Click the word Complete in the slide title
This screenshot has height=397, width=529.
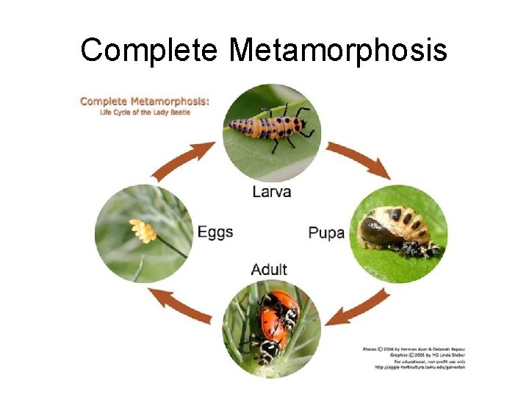(150, 51)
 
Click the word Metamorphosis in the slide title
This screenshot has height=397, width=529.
(337, 51)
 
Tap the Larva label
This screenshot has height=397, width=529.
(271, 192)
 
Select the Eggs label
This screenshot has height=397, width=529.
(215, 232)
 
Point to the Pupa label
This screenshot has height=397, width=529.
(326, 233)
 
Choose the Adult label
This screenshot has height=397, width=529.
(269, 270)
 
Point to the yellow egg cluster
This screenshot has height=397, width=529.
(143, 232)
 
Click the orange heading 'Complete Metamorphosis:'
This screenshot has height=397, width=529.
(144, 101)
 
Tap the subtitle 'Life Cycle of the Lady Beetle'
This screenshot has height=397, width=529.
(144, 112)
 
